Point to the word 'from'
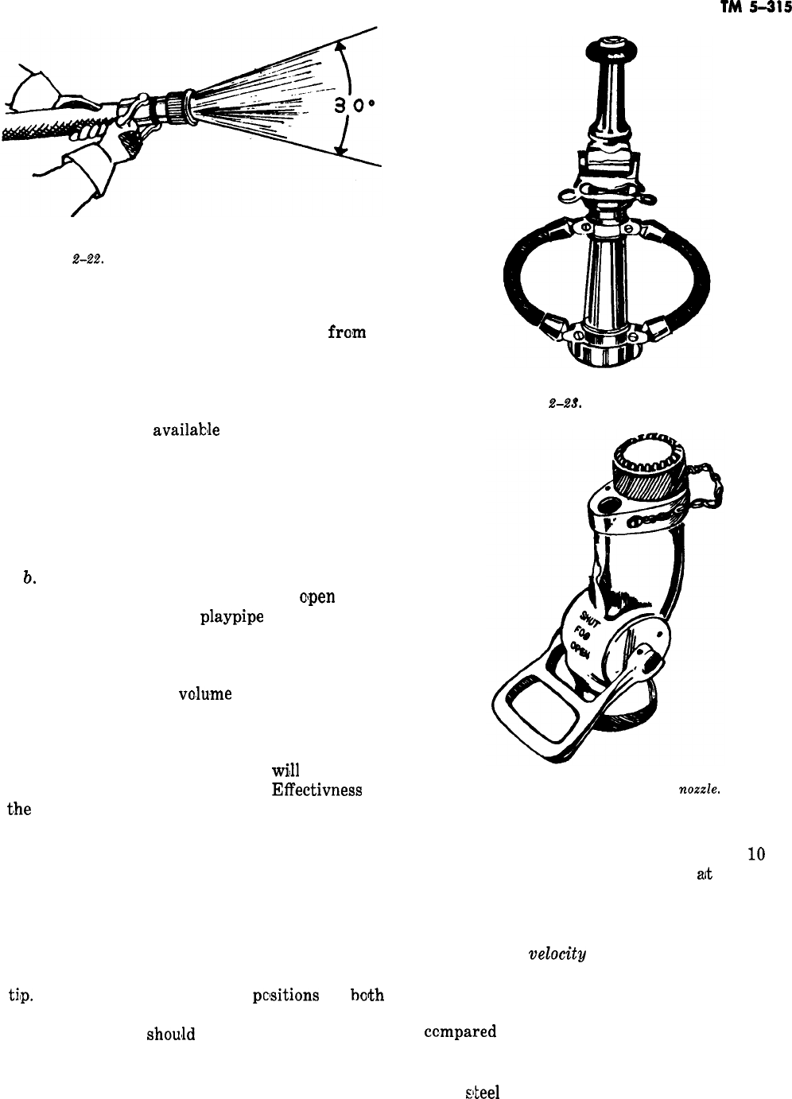coord(347,332)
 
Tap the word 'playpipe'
coord(231,617)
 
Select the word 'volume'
coord(205,693)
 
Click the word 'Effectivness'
coord(316,790)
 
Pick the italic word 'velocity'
coord(557,955)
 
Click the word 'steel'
coord(482,1092)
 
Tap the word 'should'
coord(170,1035)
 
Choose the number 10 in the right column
coord(755,855)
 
